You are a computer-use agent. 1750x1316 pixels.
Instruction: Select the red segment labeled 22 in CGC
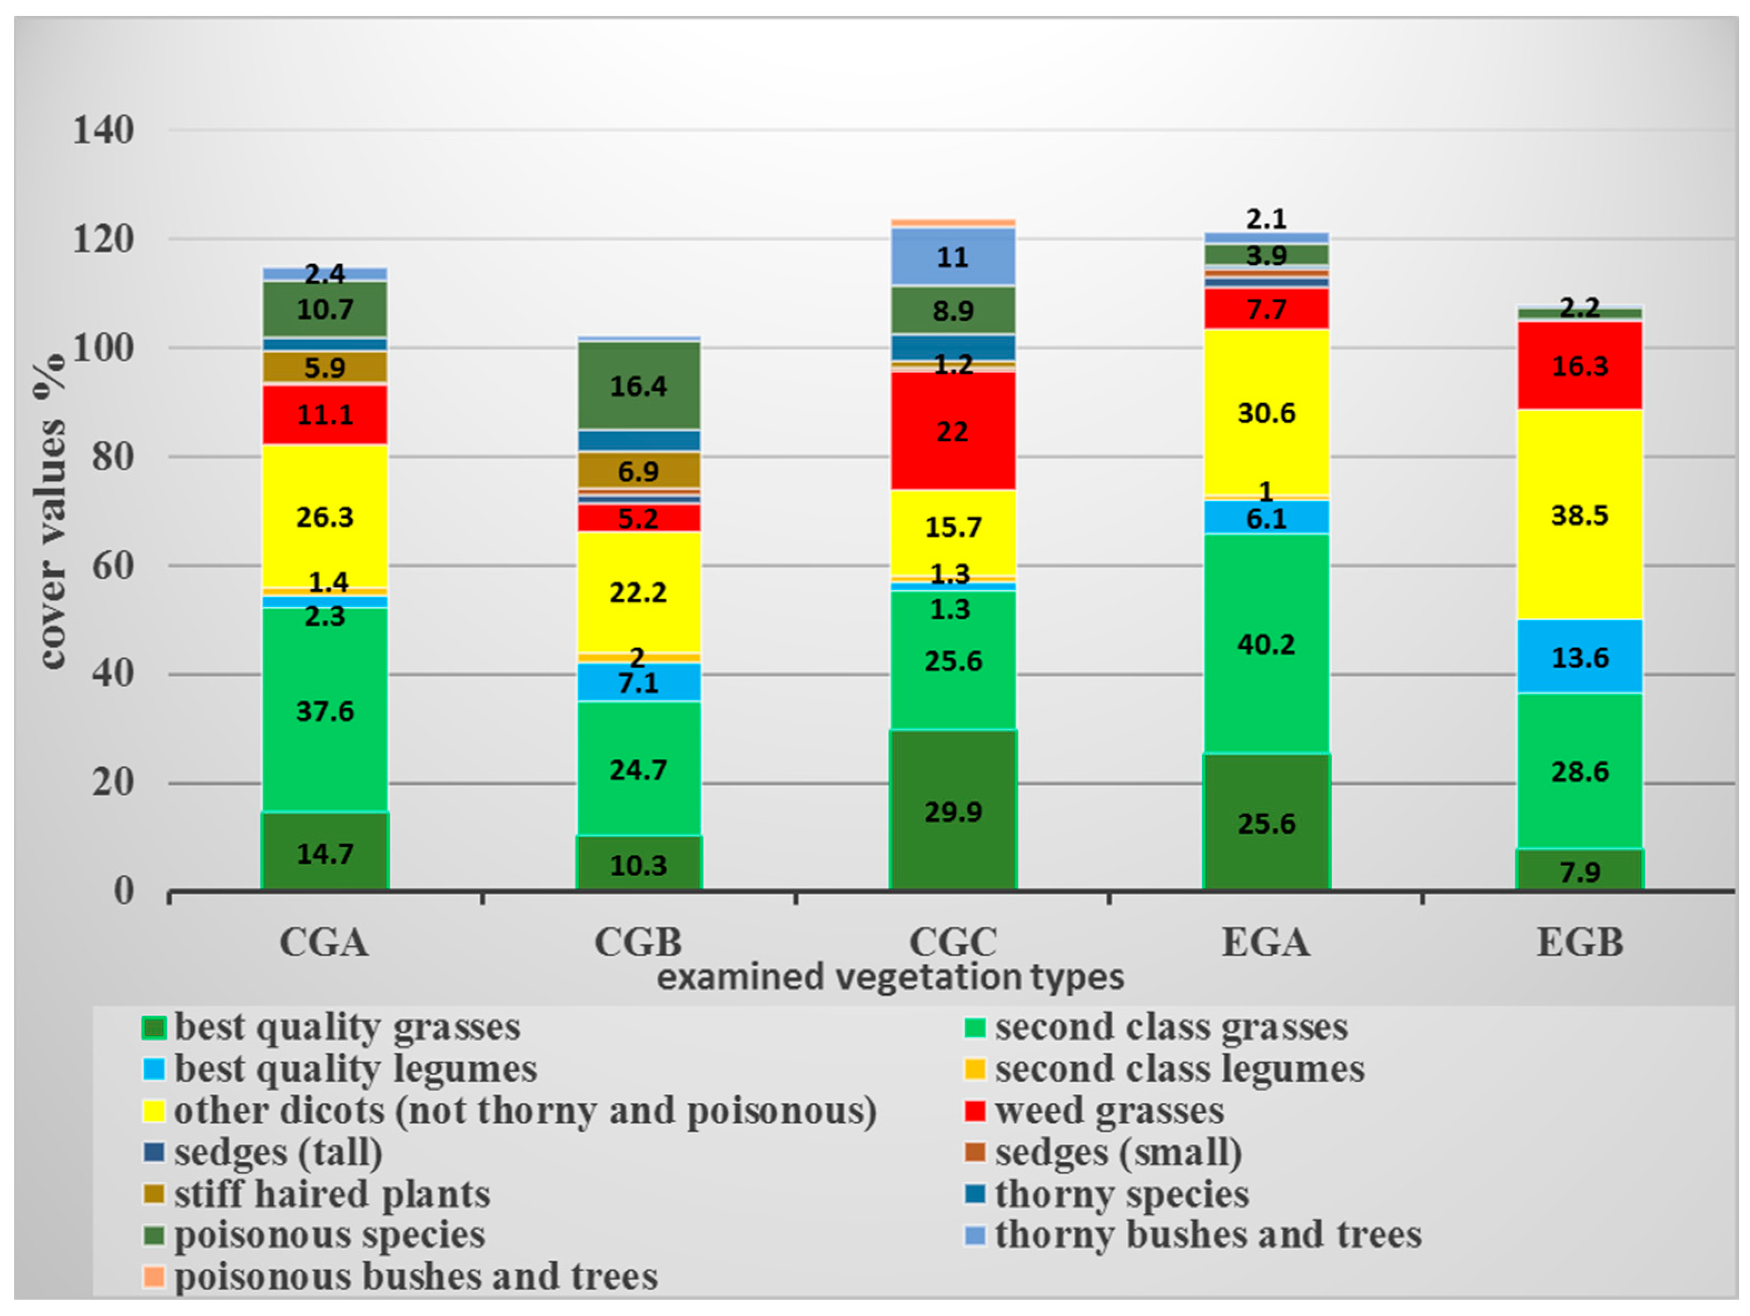tap(953, 431)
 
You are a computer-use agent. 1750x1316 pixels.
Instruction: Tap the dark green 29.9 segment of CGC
tap(953, 811)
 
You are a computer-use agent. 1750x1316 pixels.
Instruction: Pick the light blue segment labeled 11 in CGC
tap(953, 257)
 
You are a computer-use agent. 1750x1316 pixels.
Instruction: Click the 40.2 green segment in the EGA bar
tap(1266, 644)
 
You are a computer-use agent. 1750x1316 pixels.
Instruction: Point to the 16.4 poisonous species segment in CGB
tap(638, 386)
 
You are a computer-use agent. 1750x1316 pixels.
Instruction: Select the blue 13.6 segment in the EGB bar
tap(1579, 657)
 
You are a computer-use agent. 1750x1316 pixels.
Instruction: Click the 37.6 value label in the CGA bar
tap(324, 711)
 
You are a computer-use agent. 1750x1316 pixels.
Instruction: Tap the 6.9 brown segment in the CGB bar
tap(638, 471)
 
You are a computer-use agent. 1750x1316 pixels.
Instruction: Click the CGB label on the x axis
tap(638, 942)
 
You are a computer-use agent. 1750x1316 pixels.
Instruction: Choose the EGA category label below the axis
tap(1266, 942)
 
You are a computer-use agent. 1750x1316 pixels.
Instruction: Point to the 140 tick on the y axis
tap(103, 130)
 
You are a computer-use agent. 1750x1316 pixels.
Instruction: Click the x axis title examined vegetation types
tap(890, 977)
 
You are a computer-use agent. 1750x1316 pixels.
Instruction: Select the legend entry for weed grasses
tap(1108, 1110)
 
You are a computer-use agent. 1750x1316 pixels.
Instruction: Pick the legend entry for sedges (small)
tap(1117, 1152)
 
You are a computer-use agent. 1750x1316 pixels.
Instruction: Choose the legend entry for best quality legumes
tap(354, 1068)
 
